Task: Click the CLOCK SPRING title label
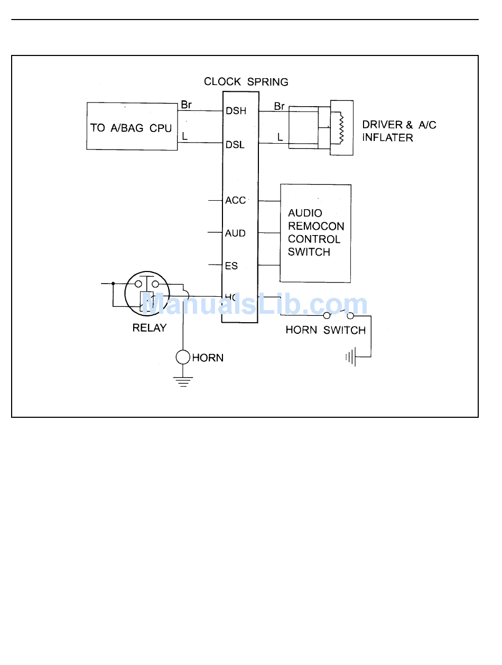(x=246, y=82)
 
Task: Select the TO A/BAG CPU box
(x=132, y=127)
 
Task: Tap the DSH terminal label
(x=236, y=111)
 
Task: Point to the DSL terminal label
(x=235, y=145)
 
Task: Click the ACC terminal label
(x=236, y=201)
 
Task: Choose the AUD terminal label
(x=235, y=233)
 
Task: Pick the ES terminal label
(x=231, y=266)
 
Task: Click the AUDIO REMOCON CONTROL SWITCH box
(x=315, y=233)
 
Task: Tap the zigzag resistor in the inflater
(x=341, y=127)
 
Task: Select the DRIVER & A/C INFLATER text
(x=399, y=132)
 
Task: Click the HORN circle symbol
(x=183, y=358)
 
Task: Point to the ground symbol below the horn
(x=183, y=381)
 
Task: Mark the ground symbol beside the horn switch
(x=350, y=358)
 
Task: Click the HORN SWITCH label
(x=326, y=331)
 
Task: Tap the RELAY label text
(x=149, y=328)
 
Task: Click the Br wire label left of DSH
(x=186, y=105)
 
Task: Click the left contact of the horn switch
(x=327, y=316)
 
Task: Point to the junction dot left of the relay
(x=113, y=284)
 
